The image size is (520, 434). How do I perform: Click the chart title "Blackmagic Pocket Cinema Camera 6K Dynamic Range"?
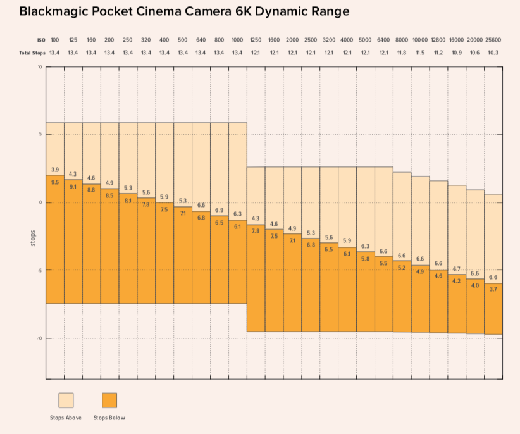tap(184, 11)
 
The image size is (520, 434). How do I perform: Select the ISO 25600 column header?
tap(493, 40)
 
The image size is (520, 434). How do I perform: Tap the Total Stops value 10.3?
tap(493, 53)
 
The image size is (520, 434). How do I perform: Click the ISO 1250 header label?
tap(256, 40)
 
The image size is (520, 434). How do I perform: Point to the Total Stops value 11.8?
tap(402, 53)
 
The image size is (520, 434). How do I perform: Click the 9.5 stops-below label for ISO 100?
tap(55, 182)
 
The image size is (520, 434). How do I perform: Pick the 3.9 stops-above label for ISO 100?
tap(55, 170)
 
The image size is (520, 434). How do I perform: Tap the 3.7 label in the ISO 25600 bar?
tap(493, 289)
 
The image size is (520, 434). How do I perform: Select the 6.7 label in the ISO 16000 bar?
tap(457, 269)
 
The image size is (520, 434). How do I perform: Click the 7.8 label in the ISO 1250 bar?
tap(256, 231)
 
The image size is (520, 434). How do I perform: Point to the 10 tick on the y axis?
tap(39, 66)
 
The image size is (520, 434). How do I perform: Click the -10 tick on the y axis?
tap(39, 338)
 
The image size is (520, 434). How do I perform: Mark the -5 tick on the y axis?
tap(39, 271)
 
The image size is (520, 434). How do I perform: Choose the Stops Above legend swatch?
tap(66, 400)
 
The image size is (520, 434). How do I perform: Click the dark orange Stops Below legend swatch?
tap(109, 400)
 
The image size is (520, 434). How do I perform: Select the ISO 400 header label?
tap(164, 40)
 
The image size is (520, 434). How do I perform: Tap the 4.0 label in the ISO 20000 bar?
tap(475, 285)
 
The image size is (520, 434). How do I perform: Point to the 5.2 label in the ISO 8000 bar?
tap(402, 268)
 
